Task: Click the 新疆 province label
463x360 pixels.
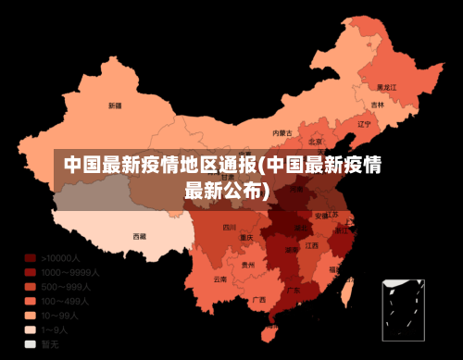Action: click(114, 106)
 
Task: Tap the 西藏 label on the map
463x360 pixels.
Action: click(139, 236)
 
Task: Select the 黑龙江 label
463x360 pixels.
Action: click(387, 87)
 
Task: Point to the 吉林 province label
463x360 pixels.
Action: click(378, 106)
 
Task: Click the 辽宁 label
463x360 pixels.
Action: click(364, 123)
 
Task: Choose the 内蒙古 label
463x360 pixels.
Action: click(282, 133)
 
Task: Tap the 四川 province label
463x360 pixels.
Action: click(230, 227)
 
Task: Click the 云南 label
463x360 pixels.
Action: click(219, 279)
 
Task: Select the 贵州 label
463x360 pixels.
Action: click(247, 265)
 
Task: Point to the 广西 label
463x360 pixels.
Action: click(259, 299)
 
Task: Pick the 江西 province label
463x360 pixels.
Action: click(312, 245)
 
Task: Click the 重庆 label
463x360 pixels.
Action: click(245, 237)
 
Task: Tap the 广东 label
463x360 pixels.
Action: click(293, 290)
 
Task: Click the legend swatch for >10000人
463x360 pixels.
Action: click(31, 258)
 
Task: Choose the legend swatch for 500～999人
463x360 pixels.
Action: click(31, 287)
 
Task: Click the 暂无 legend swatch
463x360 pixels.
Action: click(31, 344)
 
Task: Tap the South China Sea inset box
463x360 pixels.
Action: click(404, 310)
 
